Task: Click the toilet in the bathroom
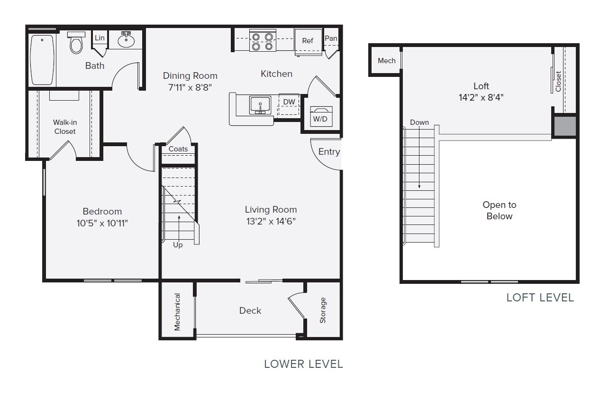[x=76, y=44]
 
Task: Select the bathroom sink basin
[x=126, y=40]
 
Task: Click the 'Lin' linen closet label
[x=100, y=38]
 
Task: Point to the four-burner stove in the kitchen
[x=263, y=41]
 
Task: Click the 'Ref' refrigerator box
[x=308, y=41]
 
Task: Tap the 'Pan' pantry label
[x=331, y=38]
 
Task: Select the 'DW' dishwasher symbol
[x=289, y=102]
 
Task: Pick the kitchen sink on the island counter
[x=260, y=104]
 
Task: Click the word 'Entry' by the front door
[x=329, y=152]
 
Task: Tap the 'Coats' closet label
[x=178, y=149]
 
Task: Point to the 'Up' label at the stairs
[x=178, y=245]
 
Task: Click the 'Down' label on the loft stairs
[x=419, y=122]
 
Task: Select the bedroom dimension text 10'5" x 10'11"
[x=102, y=223]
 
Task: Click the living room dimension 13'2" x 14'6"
[x=271, y=221]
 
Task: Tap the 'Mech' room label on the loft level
[x=387, y=61]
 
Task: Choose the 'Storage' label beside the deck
[x=323, y=310]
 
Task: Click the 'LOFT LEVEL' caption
[x=540, y=298]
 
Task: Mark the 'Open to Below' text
[x=500, y=211]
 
